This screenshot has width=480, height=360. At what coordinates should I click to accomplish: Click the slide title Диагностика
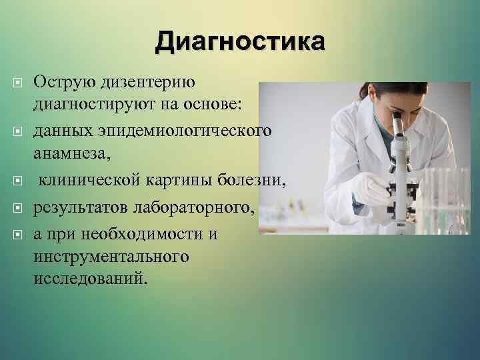[241, 41]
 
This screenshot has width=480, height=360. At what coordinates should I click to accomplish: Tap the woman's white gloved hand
[371, 190]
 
